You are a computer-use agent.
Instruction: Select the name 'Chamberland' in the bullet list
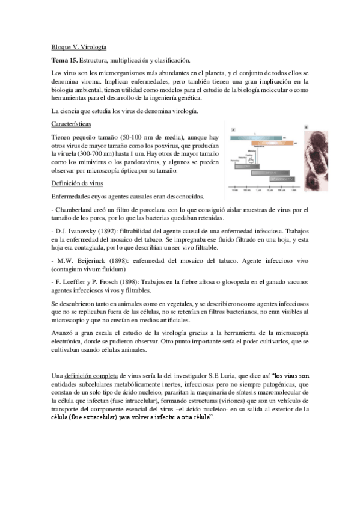click(74, 209)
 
